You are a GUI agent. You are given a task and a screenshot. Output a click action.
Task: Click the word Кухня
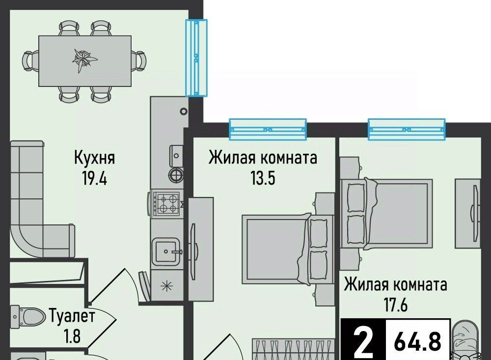click(94, 158)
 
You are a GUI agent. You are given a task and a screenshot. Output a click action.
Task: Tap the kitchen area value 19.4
click(94, 179)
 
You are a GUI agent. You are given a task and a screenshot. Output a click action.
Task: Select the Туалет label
click(72, 316)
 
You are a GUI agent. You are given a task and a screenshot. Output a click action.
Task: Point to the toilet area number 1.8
click(72, 336)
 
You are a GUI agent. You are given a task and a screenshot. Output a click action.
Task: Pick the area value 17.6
click(396, 305)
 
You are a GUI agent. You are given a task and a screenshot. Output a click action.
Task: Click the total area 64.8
click(418, 341)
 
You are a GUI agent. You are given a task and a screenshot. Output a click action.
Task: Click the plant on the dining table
click(84, 60)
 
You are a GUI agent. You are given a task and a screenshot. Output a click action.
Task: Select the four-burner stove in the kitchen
click(166, 203)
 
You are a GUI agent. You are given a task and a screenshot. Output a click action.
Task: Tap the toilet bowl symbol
click(27, 316)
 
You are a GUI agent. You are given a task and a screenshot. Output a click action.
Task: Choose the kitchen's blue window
click(196, 57)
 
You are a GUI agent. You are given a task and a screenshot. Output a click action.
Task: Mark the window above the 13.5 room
click(268, 129)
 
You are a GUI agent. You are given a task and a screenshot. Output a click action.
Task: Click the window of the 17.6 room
click(407, 129)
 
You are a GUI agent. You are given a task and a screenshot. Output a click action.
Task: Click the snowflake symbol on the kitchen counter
click(166, 285)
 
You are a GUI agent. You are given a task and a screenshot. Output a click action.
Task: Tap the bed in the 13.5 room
click(287, 249)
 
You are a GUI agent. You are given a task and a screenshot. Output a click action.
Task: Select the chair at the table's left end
click(30, 61)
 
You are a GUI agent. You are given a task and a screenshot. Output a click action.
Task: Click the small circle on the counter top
click(184, 111)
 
